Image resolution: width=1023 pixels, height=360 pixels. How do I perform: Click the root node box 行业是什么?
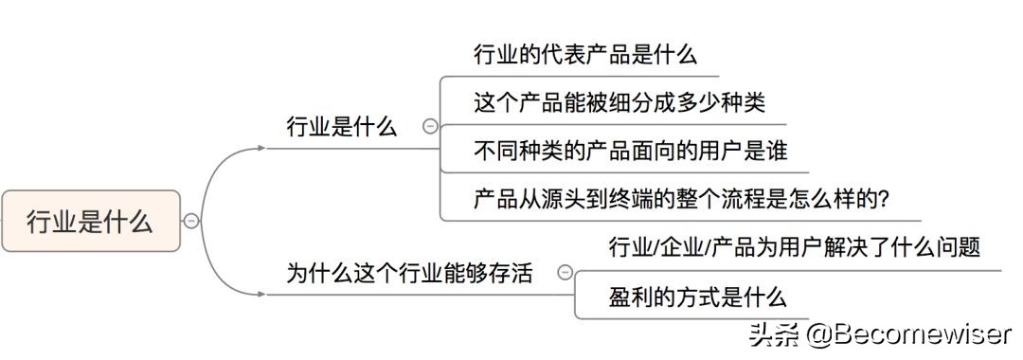90,221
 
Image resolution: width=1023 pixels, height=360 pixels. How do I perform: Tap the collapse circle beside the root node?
190,221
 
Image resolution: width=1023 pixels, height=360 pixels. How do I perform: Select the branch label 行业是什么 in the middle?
342,127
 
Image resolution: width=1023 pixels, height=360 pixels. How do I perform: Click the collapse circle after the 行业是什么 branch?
430,126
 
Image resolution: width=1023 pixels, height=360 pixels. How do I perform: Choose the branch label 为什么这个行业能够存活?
409,274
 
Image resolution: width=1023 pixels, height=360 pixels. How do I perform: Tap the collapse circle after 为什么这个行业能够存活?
565,273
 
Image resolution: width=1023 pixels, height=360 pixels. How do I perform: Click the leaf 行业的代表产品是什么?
585,54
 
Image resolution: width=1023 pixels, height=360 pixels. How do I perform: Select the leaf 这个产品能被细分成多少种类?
619,102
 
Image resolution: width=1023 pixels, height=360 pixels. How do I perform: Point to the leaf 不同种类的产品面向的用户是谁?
630,151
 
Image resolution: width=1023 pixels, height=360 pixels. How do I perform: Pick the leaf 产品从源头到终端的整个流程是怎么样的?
680,199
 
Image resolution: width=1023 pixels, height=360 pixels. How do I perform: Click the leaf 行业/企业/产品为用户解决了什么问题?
794,248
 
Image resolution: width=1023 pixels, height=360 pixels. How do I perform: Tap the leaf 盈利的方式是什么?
697,297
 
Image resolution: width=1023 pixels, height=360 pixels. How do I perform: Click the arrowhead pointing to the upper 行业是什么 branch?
261,149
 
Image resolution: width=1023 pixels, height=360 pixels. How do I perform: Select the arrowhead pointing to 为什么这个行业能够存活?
261,295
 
